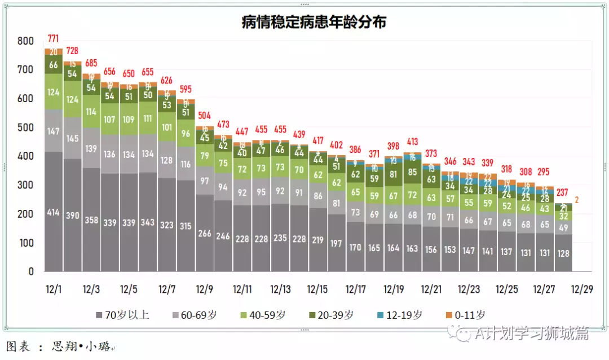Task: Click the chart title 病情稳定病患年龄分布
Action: click(314, 22)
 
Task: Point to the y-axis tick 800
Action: click(25, 41)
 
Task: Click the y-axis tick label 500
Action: click(25, 128)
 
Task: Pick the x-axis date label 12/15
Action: click(317, 289)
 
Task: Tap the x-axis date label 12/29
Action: click(581, 289)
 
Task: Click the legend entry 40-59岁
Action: click(262, 315)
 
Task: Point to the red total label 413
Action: click(412, 142)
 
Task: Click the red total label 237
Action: click(563, 192)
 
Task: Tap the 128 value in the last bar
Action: click(563, 253)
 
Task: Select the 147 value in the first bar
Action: click(54, 131)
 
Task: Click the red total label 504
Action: click(204, 116)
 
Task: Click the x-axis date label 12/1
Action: click(54, 289)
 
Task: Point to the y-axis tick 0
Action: click(31, 271)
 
